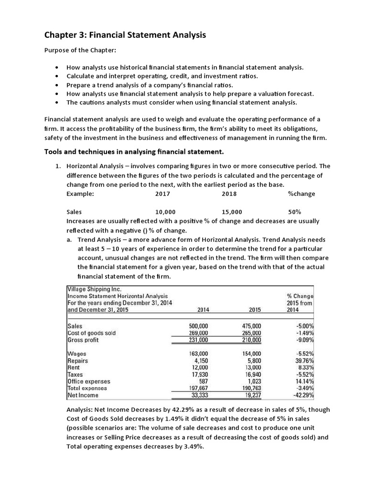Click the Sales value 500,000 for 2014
click(x=199, y=326)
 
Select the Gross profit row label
click(x=84, y=340)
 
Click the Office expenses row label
click(x=88, y=382)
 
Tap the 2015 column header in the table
click(x=254, y=309)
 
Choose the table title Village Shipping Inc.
click(x=94, y=289)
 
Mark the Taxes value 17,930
click(x=200, y=375)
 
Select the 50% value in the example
click(x=294, y=212)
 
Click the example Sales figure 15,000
click(x=232, y=212)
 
